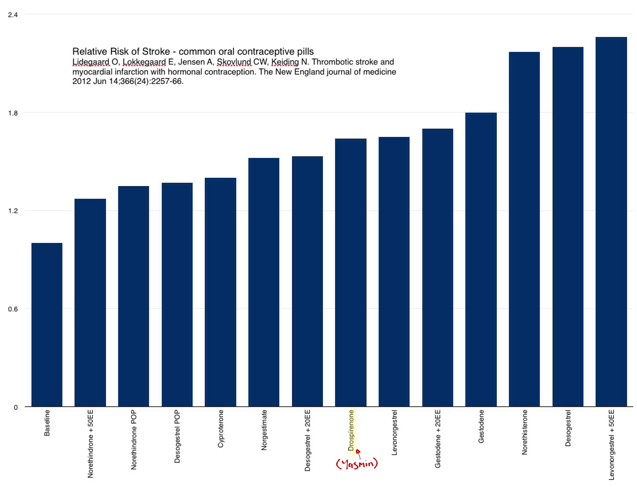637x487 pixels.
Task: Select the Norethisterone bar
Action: (x=524, y=229)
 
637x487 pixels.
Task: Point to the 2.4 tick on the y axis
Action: (x=13, y=15)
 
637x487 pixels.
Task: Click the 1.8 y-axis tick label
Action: (x=13, y=113)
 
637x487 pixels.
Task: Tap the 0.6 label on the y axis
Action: (x=13, y=309)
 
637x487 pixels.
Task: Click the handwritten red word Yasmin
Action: (x=357, y=464)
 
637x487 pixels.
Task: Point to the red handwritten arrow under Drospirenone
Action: (x=358, y=454)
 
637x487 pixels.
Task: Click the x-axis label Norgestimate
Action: (x=264, y=429)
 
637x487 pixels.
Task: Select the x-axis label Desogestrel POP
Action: (x=177, y=436)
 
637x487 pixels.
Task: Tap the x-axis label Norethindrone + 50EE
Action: (x=90, y=444)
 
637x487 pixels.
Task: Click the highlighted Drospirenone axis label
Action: (x=351, y=430)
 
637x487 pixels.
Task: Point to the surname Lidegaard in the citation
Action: (x=91, y=62)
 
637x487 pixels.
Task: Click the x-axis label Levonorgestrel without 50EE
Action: (x=394, y=432)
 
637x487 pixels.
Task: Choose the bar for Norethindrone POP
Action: (x=133, y=296)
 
